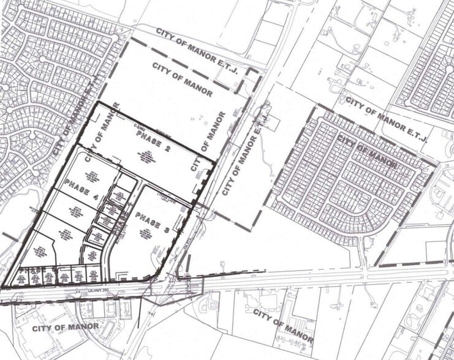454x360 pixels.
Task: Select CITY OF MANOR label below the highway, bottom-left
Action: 66,326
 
